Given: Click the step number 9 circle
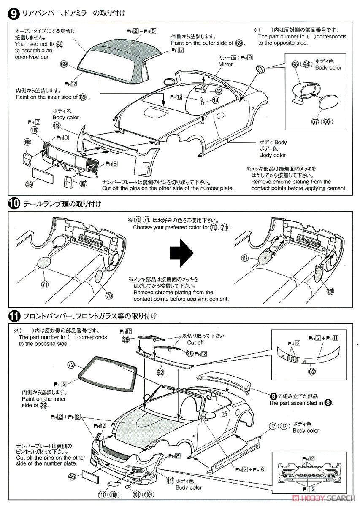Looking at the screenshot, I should [13, 13].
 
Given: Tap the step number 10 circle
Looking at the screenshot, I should [13, 204].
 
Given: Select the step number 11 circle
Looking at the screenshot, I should [13, 315].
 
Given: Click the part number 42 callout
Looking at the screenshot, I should [218, 91].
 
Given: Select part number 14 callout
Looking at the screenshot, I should [216, 100].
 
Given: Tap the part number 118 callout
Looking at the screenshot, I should [57, 125].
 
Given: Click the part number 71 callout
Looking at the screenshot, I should [45, 284].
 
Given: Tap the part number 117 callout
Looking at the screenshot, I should [171, 479].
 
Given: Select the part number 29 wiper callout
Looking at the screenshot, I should [126, 339].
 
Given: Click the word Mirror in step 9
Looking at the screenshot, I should [226, 64].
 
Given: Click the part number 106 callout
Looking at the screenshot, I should [27, 143].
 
